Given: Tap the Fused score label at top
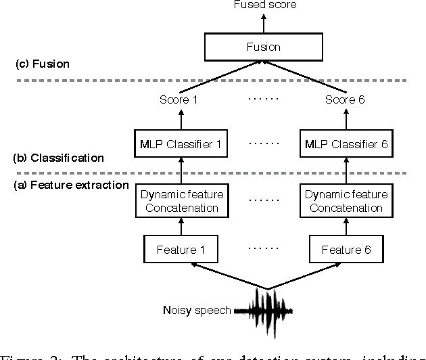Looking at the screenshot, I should click(x=265, y=5).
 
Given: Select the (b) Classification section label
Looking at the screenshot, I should click(x=58, y=158).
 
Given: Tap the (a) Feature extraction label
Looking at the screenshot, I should click(x=71, y=184).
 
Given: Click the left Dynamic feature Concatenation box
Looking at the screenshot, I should click(x=181, y=201).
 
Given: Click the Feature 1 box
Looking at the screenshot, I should click(x=181, y=250).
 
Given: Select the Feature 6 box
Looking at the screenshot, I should click(x=341, y=250).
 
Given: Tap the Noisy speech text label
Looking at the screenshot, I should click(x=197, y=311).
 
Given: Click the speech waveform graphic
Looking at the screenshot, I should click(x=268, y=311).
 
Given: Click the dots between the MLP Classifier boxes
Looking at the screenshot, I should click(x=262, y=145).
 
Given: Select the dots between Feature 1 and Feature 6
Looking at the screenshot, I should click(x=262, y=250).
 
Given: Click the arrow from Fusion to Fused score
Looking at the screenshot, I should click(x=265, y=22).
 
